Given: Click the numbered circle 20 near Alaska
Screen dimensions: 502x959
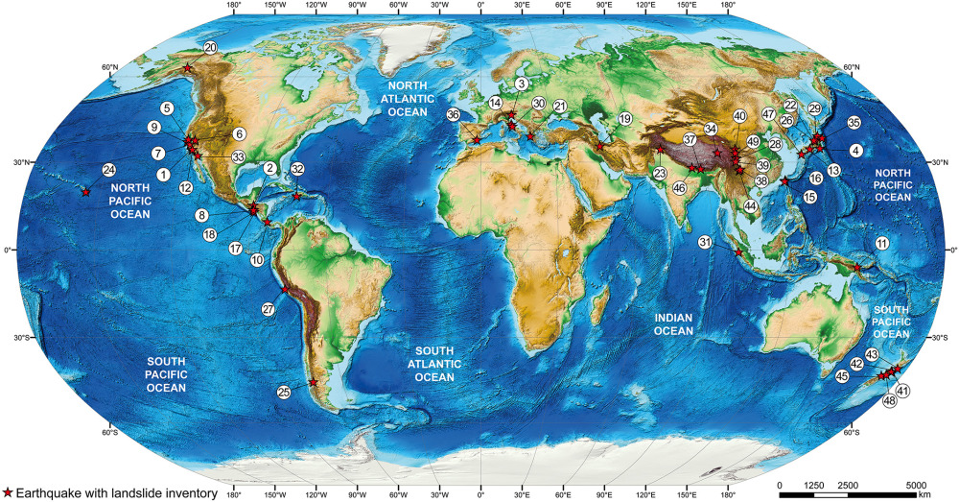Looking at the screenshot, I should [x=210, y=47].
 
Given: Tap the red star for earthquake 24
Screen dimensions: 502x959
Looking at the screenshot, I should [x=85, y=193].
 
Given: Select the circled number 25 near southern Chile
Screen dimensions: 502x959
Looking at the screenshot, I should [x=284, y=392].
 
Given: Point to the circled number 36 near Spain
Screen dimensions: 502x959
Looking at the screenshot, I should [x=454, y=114].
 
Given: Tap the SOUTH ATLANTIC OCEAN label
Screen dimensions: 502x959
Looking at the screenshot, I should [x=442, y=371].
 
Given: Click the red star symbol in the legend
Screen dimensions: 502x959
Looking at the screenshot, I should [x=8, y=491].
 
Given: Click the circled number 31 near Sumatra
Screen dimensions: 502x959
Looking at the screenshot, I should [x=705, y=241].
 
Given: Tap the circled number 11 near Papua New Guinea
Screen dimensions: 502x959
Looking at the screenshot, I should [x=881, y=245].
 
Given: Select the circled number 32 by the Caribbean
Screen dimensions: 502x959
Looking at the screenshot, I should [x=297, y=169].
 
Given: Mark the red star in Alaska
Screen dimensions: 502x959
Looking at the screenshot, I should [x=187, y=69].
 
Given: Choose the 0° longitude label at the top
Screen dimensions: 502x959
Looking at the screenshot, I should [x=480, y=5].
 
